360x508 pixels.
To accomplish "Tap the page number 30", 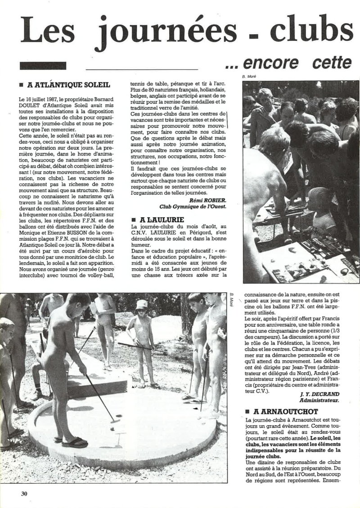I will click(25, 493).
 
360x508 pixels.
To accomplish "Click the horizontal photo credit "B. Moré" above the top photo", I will click(249, 77).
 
